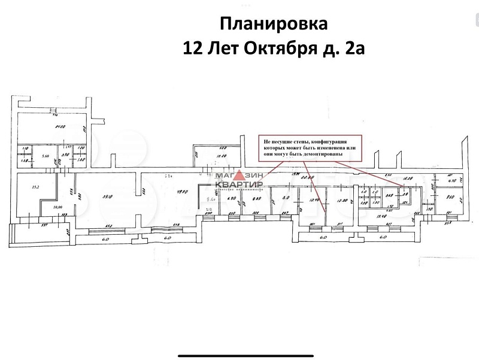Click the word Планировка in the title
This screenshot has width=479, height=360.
coord(274,24)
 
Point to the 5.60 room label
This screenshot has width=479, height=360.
coord(44,156)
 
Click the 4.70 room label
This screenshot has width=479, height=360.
coord(452,180)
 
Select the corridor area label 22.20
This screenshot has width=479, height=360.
coord(308,178)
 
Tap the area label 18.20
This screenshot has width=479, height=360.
coord(410,179)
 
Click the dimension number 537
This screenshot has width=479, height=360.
coord(44,226)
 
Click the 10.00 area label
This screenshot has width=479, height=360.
coord(58,207)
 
